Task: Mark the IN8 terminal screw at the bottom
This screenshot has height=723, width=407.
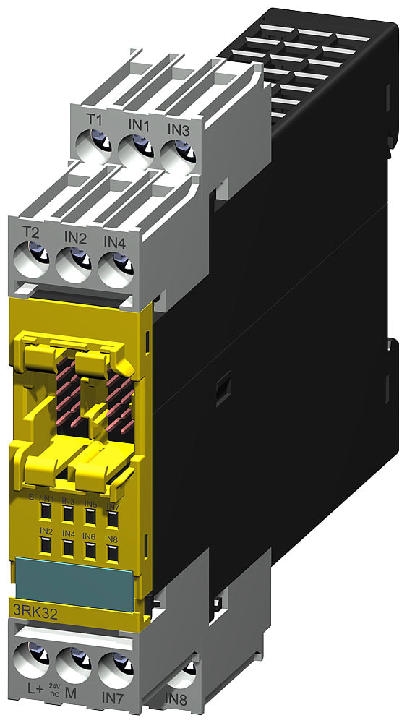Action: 185,675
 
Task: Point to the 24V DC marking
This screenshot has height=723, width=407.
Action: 53,688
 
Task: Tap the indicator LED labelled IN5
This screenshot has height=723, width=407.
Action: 90,518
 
